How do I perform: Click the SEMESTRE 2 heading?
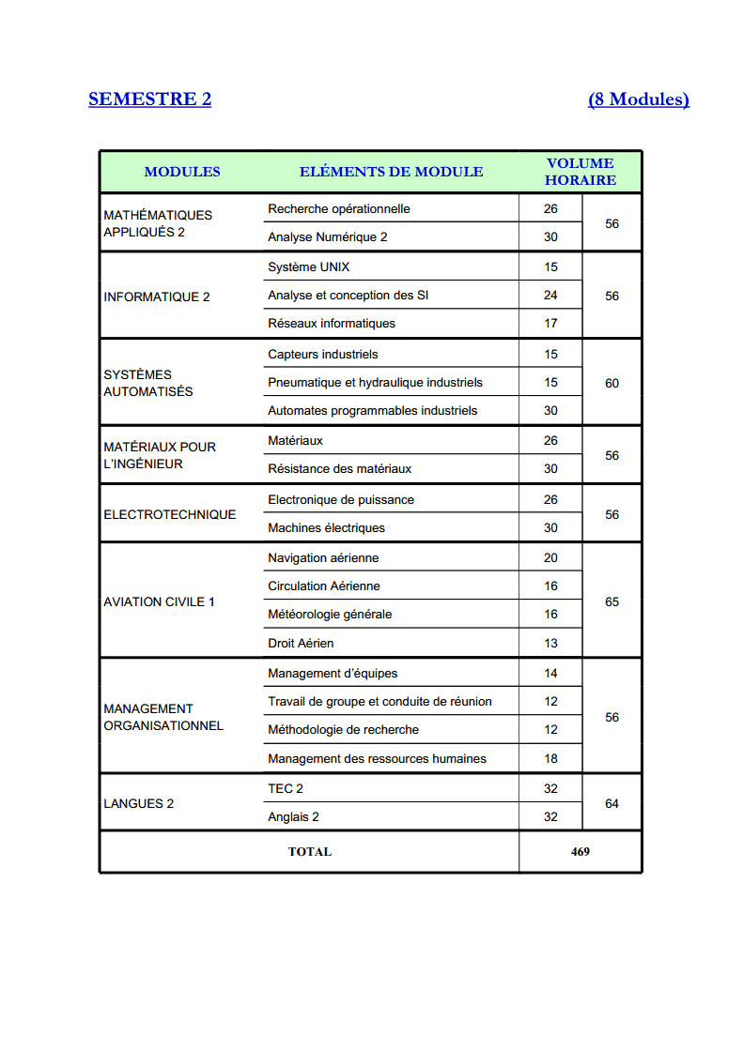(x=149, y=99)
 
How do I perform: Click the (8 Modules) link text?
(x=639, y=99)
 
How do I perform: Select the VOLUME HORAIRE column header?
(x=580, y=172)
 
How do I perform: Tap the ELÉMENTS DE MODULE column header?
(x=391, y=172)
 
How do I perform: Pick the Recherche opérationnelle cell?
(x=339, y=208)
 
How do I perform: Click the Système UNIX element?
(x=308, y=266)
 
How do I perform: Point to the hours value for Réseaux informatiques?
(x=550, y=323)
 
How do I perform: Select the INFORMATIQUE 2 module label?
(x=157, y=297)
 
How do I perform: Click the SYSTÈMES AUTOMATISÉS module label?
(x=148, y=383)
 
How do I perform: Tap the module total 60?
(x=612, y=383)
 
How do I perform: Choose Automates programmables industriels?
(x=372, y=410)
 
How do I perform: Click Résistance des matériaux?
(x=339, y=468)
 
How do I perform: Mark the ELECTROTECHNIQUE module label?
(x=170, y=514)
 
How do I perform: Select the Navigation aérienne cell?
(x=323, y=557)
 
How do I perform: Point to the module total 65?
(x=612, y=601)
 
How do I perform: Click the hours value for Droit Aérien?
(x=550, y=643)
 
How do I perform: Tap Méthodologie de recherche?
(x=343, y=729)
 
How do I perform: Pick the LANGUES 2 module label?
(x=139, y=803)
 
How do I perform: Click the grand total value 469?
(x=580, y=852)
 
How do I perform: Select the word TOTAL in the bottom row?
(x=310, y=852)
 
